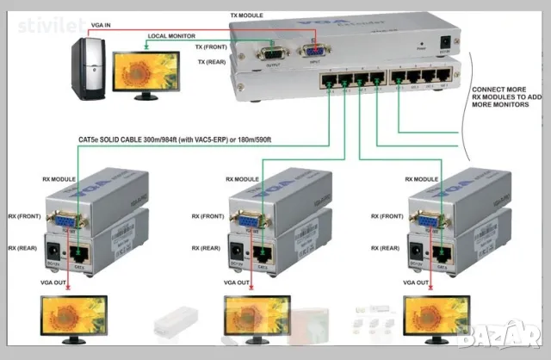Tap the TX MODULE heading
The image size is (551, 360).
[x=247, y=16]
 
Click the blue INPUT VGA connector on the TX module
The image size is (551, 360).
[x=311, y=51]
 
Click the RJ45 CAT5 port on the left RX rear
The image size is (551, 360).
[x=79, y=256]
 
